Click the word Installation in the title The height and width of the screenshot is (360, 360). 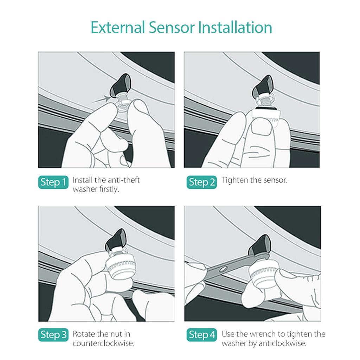click(234, 27)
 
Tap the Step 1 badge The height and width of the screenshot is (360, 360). click(53, 182)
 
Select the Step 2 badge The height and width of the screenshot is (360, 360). click(201, 182)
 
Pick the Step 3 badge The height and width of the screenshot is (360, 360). click(53, 335)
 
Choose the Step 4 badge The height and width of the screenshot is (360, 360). click(201, 335)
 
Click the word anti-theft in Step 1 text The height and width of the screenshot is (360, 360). click(123, 180)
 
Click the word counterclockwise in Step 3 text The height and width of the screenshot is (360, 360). click(103, 343)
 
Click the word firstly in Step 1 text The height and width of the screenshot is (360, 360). click(108, 189)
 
